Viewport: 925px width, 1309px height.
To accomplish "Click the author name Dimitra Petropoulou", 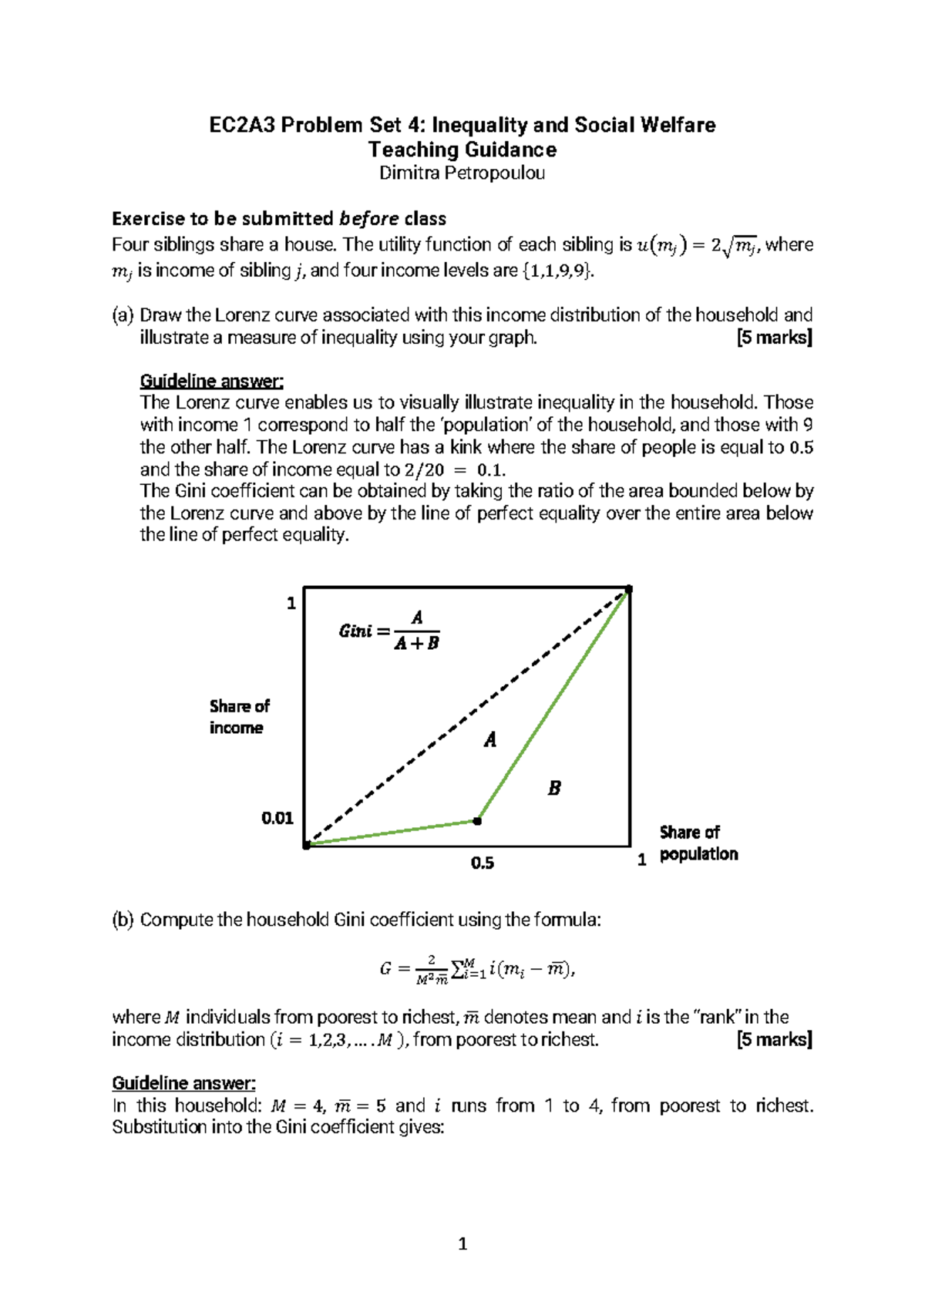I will point(462,173).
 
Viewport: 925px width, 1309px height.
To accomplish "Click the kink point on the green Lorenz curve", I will point(477,821).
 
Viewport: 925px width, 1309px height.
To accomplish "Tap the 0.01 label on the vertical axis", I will point(277,818).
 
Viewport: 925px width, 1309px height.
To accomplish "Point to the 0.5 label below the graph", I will point(482,863).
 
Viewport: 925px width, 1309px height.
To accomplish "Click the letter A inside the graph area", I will point(490,740).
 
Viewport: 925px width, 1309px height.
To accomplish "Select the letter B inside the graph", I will point(553,788).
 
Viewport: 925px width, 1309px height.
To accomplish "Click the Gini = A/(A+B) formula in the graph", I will point(390,631).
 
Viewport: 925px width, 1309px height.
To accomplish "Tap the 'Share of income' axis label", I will point(239,717).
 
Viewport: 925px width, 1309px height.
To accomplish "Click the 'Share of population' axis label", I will point(698,843).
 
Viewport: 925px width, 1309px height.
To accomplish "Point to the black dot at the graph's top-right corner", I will point(628,589).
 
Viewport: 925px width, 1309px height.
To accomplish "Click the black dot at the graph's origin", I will point(307,845).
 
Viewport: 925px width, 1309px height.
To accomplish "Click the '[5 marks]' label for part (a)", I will point(774,338).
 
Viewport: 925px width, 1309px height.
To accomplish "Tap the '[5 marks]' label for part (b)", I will point(774,1039).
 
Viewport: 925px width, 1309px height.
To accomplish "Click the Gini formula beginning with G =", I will point(477,969).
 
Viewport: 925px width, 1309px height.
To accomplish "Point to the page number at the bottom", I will point(462,1243).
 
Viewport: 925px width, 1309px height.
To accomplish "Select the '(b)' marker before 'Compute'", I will point(123,920).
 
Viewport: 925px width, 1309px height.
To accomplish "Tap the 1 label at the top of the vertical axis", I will point(291,604).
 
